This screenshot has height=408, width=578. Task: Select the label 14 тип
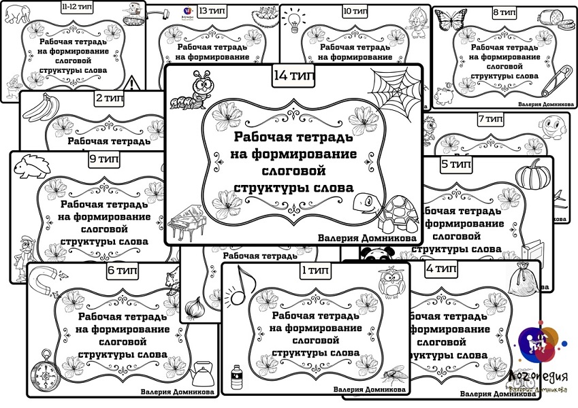click(293, 76)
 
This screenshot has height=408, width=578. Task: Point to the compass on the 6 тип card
click(42, 371)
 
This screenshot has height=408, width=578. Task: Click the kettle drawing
click(202, 373)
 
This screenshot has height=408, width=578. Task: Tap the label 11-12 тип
click(77, 9)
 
